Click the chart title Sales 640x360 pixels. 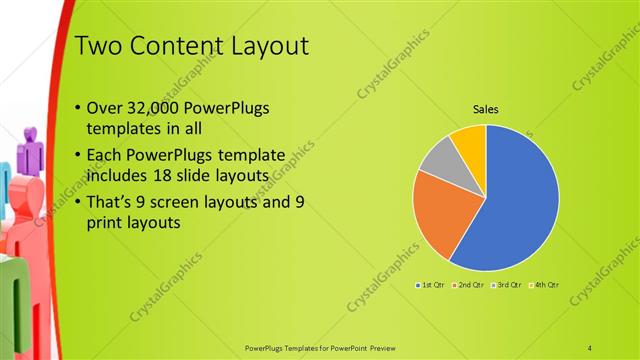click(x=486, y=109)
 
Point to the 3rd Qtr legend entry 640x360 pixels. click(x=507, y=285)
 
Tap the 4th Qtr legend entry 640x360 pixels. click(x=543, y=285)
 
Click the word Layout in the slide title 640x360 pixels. click(x=259, y=46)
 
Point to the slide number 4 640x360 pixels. click(x=590, y=347)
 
